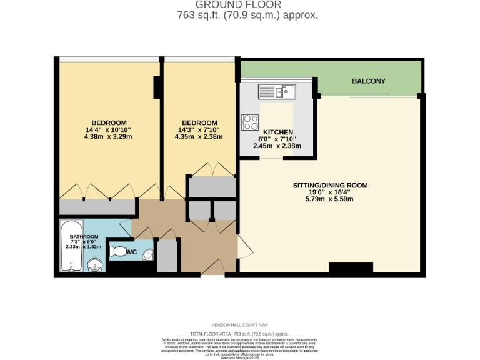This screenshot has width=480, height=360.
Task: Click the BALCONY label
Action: pyautogui.click(x=369, y=81)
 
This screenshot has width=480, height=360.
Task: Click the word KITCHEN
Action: pyautogui.click(x=278, y=132)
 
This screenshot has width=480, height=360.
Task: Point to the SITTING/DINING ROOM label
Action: pyautogui.click(x=330, y=186)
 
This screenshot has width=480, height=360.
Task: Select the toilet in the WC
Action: pyautogui.click(x=117, y=252)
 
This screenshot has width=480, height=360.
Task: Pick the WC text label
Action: pyautogui.click(x=132, y=252)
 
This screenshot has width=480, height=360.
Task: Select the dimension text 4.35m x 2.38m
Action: pyautogui.click(x=199, y=136)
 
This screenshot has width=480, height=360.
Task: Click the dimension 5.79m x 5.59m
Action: pyautogui.click(x=330, y=200)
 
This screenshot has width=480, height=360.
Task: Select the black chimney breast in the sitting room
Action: pyautogui.click(x=346, y=268)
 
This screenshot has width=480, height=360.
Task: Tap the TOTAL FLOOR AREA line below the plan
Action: pyautogui.click(x=239, y=334)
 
